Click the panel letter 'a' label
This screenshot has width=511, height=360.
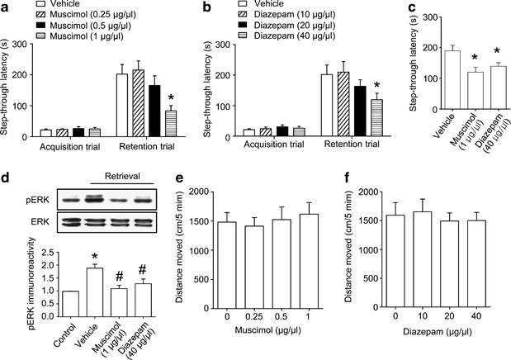coord(6,7)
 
